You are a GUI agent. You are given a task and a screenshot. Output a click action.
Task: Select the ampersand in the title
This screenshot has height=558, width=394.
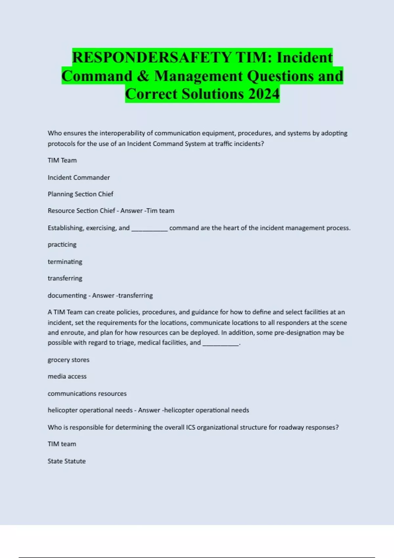[143, 76]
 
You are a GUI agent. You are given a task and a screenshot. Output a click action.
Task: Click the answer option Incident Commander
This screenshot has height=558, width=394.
[79, 178]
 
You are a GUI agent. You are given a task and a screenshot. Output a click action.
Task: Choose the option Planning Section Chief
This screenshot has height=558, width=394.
[80, 194]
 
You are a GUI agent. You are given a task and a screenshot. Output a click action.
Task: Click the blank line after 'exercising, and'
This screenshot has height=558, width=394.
[149, 228]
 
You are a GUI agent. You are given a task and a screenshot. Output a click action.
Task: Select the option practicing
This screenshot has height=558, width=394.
[62, 245]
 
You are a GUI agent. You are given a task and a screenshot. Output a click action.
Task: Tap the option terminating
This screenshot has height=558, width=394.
[65, 262]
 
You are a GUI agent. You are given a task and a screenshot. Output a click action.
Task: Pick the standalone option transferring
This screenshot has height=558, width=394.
[65, 278]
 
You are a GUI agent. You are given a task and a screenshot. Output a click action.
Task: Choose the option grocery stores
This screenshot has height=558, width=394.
[68, 360]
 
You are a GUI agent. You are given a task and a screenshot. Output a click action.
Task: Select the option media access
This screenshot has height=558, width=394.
[67, 376]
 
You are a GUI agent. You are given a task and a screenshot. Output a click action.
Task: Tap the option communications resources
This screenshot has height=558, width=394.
[87, 394]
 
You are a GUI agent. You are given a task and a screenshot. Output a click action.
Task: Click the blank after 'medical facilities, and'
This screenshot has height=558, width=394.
[221, 343]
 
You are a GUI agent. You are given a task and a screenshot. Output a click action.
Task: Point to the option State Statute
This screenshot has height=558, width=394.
[67, 461]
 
